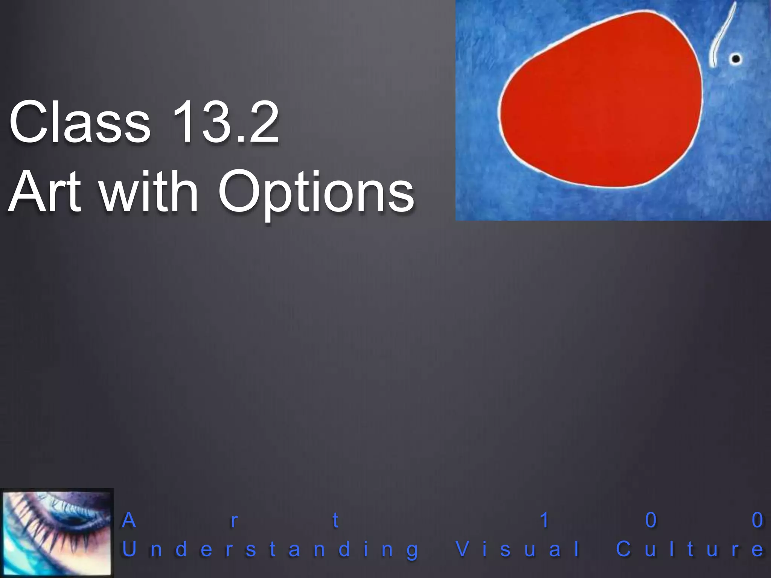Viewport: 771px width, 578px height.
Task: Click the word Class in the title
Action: coord(80,122)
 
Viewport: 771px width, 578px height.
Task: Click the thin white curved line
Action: coord(721,36)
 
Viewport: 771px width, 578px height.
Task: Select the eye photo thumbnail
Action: coord(57,532)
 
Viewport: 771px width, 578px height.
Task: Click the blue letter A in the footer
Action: coord(129,521)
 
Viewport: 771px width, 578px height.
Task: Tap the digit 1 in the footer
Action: coord(544,521)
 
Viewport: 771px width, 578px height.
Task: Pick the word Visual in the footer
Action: coord(518,550)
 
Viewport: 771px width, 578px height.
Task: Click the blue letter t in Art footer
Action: coord(335,521)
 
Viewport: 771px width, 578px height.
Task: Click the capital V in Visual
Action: coord(463,549)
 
